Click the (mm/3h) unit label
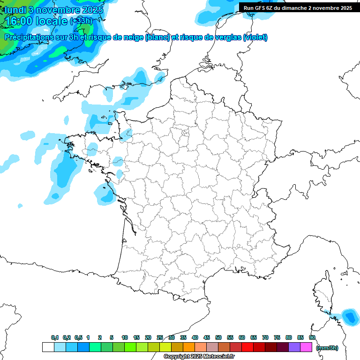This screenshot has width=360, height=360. [327, 347]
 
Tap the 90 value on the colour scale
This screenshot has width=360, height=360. [312, 337]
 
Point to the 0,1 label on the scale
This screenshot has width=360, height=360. [54, 337]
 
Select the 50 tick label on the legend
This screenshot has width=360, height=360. [218, 337]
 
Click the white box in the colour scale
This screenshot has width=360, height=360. [48, 347]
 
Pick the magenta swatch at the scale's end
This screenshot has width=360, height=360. [306, 347]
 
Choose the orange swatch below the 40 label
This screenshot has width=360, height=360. [189, 347]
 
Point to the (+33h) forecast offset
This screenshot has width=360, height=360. [81, 22]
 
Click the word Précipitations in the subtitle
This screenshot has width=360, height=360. [29, 37]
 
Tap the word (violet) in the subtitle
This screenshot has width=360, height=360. [255, 37]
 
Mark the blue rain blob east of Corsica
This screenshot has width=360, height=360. [349, 316]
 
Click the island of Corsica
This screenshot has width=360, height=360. [323, 293]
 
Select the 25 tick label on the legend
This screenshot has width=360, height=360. [160, 337]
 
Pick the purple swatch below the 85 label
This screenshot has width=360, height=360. [294, 347]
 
